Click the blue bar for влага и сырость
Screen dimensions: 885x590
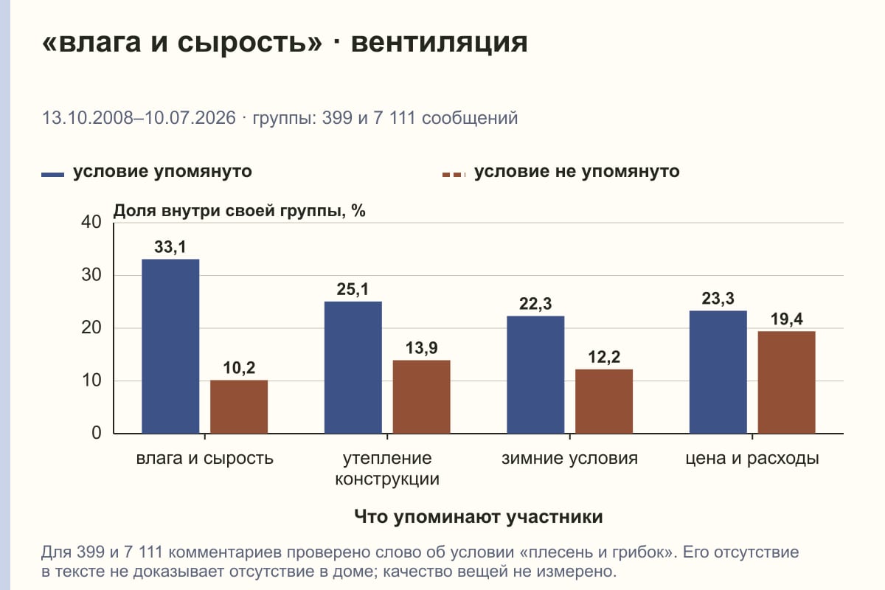click(x=170, y=346)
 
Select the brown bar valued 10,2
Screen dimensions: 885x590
click(x=239, y=406)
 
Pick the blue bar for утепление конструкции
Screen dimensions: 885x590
click(x=353, y=367)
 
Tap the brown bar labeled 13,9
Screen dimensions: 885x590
click(x=421, y=397)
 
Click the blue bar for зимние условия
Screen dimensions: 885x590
click(x=535, y=375)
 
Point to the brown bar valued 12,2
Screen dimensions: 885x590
click(x=604, y=401)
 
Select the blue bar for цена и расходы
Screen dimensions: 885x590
click(x=718, y=372)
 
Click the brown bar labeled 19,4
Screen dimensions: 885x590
click(x=786, y=383)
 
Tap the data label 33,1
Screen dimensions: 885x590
click(x=170, y=247)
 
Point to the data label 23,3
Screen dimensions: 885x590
click(x=718, y=299)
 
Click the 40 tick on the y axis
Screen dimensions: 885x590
click(x=91, y=222)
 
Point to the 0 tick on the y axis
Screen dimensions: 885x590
click(x=97, y=433)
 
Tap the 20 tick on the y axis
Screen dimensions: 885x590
click(x=91, y=327)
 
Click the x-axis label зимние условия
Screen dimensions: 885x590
click(x=569, y=459)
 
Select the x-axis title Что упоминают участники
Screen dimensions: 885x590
click(x=478, y=517)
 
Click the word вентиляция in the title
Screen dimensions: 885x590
click(x=439, y=43)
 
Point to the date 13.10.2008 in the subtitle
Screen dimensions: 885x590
click(x=88, y=118)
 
